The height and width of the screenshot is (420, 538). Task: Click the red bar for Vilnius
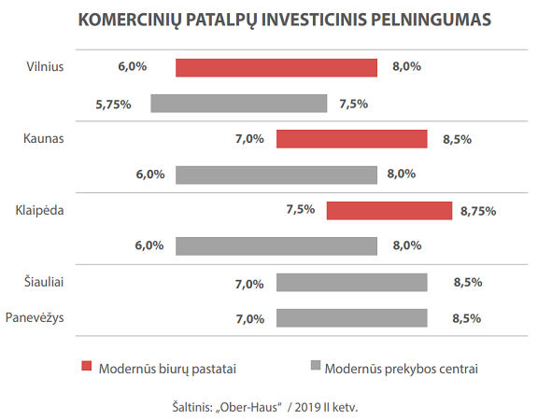pos(276,67)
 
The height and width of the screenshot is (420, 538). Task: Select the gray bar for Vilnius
pos(239,104)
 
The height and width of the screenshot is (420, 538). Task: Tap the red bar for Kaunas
pos(352,139)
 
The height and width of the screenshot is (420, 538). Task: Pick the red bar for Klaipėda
pos(389,211)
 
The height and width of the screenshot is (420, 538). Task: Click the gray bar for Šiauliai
pos(352,283)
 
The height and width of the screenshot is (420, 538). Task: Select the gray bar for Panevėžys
pos(352,318)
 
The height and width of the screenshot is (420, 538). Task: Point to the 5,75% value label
pos(113,105)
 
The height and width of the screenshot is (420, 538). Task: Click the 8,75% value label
pos(478,211)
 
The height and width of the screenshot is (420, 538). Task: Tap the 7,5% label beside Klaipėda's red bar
pos(301,209)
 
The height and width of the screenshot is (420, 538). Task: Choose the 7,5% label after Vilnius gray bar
pos(353,104)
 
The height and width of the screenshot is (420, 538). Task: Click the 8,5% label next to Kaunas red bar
pos(457,139)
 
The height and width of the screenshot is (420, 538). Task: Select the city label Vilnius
pos(45,66)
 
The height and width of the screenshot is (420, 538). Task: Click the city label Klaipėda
pos(39,210)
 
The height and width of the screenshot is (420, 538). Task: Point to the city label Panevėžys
pos(35,317)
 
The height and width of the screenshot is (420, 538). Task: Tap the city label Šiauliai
pos(44,282)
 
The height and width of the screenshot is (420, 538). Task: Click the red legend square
pos(87,366)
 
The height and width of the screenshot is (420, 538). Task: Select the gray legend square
pos(316,365)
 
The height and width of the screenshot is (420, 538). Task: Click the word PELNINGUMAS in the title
pos(431,20)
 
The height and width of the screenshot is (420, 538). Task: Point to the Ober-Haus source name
pos(248,407)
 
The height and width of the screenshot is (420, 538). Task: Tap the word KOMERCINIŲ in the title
pos(130,21)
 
